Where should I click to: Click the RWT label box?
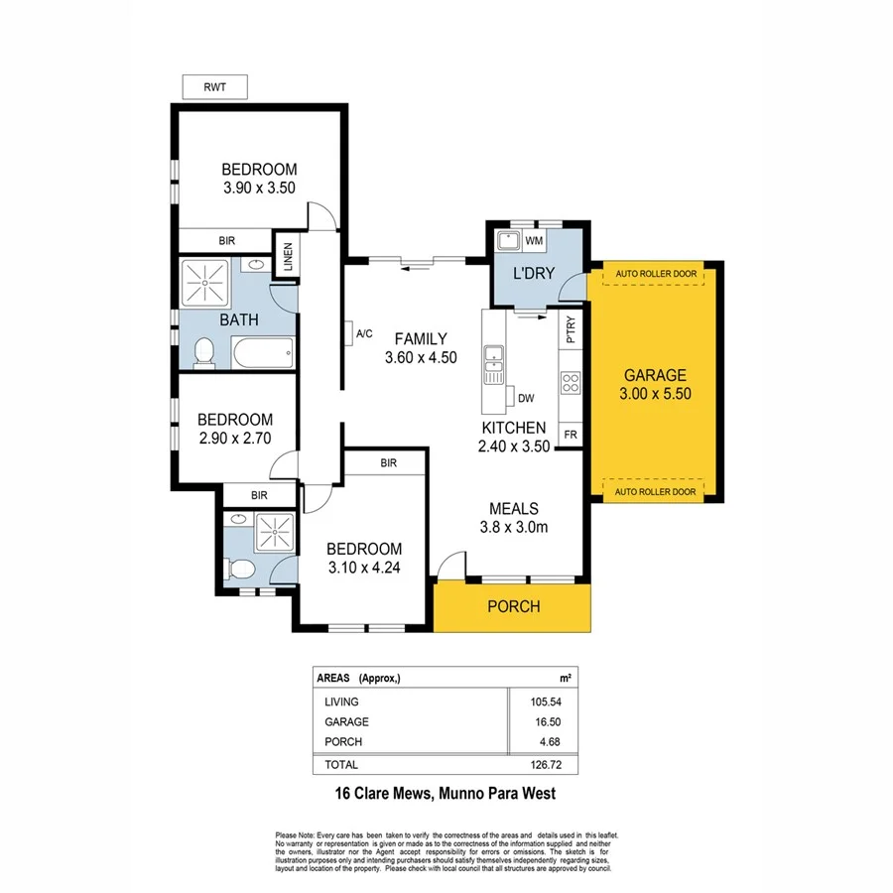tap(214, 87)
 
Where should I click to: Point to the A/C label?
tap(363, 332)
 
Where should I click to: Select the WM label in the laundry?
tap(534, 240)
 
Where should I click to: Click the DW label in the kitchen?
tap(527, 399)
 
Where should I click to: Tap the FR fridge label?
tap(571, 435)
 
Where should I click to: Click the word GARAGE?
tap(655, 375)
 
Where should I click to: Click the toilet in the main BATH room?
tap(204, 351)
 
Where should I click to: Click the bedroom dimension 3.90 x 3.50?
tap(259, 187)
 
